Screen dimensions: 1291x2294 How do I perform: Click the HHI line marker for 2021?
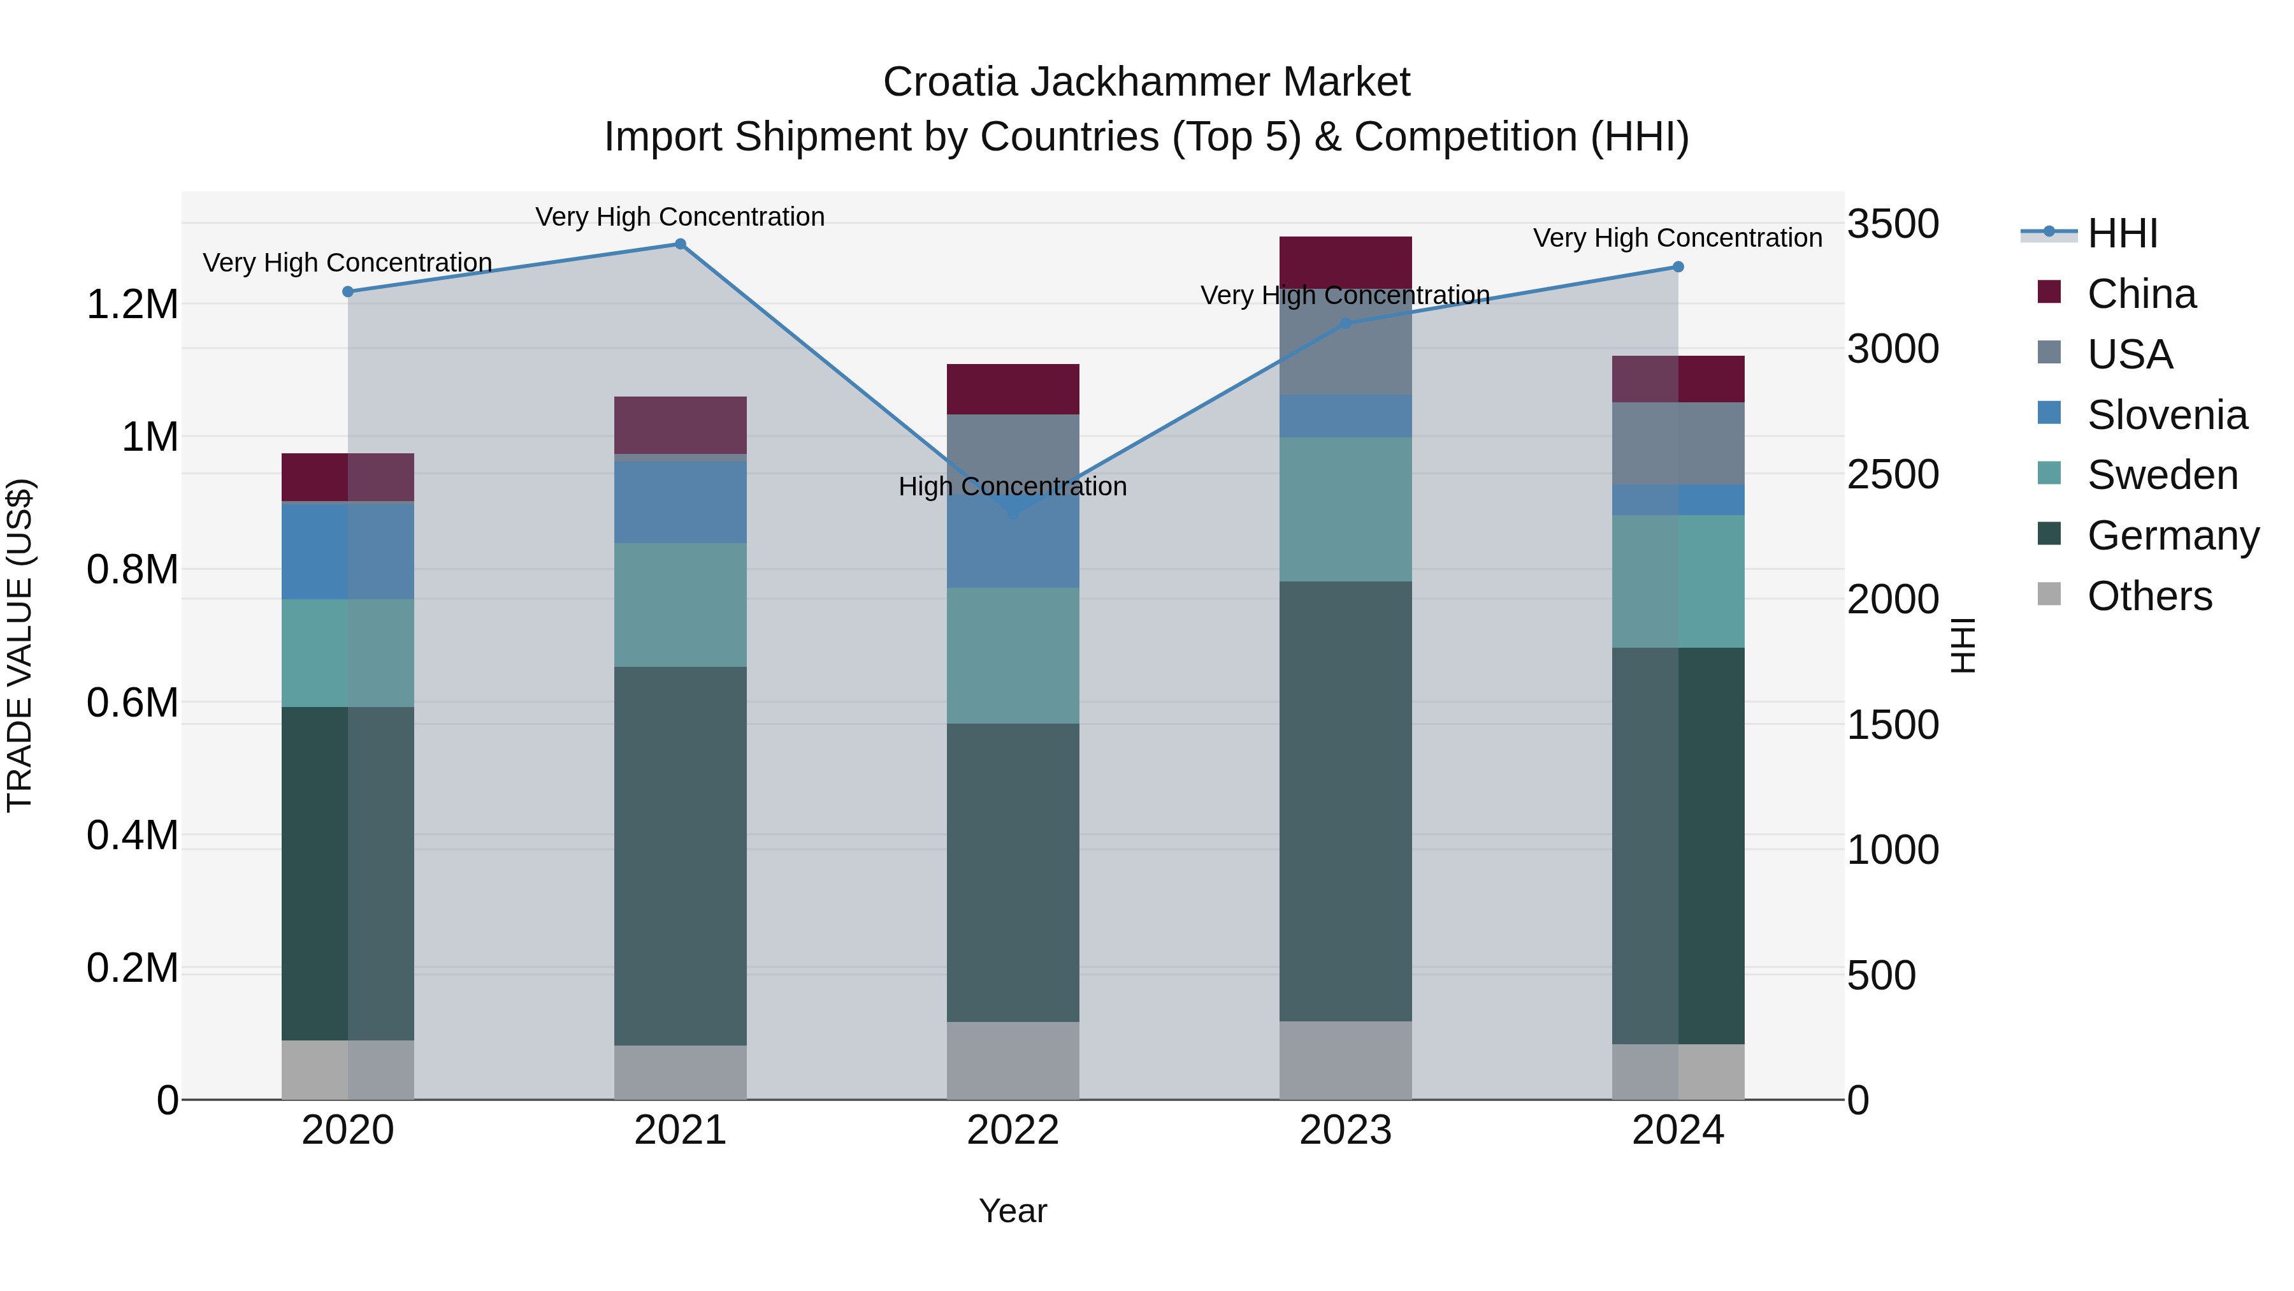pos(681,244)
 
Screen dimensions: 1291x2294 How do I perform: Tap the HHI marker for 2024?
pos(1678,266)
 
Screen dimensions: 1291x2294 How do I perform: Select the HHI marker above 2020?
pos(348,291)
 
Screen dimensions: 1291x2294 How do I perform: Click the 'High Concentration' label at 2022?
pos(1013,486)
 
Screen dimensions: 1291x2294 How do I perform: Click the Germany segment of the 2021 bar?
pos(681,856)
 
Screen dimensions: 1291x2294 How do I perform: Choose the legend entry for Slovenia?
pos(2167,415)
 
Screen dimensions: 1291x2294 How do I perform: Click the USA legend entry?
pos(2129,354)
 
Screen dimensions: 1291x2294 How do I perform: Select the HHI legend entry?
pos(2122,233)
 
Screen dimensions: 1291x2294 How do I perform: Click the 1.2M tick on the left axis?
pos(132,305)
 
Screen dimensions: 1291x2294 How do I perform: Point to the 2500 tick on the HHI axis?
pos(1893,474)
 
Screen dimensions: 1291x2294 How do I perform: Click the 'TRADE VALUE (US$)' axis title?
pos(20,645)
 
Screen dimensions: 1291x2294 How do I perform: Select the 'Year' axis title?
pos(1013,1211)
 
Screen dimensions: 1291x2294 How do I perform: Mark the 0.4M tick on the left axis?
pos(132,836)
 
